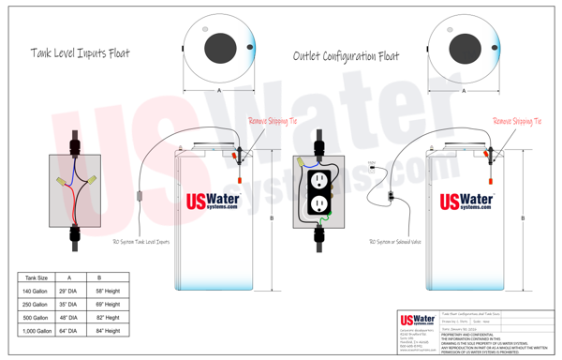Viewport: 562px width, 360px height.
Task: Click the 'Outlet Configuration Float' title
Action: pyautogui.click(x=346, y=57)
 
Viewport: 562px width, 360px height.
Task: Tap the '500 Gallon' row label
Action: pyautogui.click(x=35, y=318)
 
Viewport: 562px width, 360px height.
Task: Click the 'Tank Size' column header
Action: pyautogui.click(x=35, y=278)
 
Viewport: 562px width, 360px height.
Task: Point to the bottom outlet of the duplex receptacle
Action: pyautogui.click(x=318, y=202)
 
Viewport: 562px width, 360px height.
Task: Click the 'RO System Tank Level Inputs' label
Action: pyautogui.click(x=140, y=241)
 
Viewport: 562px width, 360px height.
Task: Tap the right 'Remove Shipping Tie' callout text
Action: pyautogui.click(x=518, y=121)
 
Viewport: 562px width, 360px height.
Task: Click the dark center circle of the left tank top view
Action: pyautogui.click(x=218, y=45)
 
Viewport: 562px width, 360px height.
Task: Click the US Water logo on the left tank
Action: pyautogui.click(x=213, y=201)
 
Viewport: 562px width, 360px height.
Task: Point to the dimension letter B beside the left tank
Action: pyautogui.click(x=272, y=218)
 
